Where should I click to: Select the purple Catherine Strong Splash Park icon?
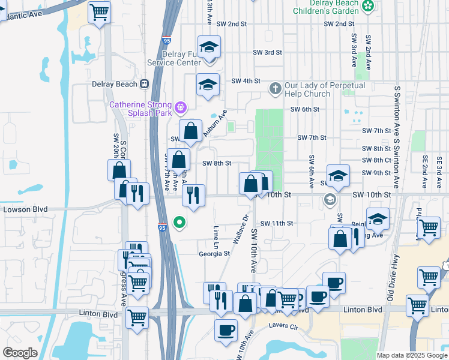pyautogui.click(x=179, y=109)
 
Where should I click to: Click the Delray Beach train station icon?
pyautogui.click(x=145, y=84)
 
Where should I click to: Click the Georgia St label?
pyautogui.click(x=214, y=254)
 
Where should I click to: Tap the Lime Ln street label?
pyautogui.click(x=215, y=237)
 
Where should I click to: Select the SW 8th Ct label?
pyautogui.click(x=376, y=160)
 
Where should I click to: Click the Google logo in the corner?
pyautogui.click(x=20, y=353)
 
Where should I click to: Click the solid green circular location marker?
pyautogui.click(x=179, y=223)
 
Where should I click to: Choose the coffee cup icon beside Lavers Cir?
pyautogui.click(x=226, y=330)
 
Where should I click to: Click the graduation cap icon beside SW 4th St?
pyautogui.click(x=207, y=85)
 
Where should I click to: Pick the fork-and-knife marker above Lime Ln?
pyautogui.click(x=193, y=196)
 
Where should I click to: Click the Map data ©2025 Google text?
pyautogui.click(x=411, y=355)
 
